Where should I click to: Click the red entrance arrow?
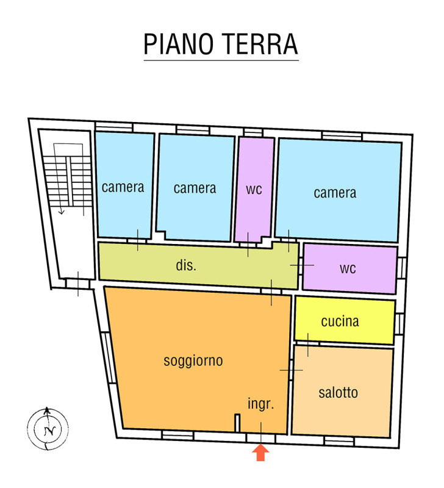pos(260,452)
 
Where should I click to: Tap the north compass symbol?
pos(48,429)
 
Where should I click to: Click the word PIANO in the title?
pos(178,44)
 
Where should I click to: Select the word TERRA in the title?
pos(260,44)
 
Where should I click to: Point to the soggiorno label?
pos(193,361)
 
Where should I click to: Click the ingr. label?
pos(261,404)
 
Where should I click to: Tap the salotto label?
pos(338,393)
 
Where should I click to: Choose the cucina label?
pos(340,321)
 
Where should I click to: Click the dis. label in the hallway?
pos(186,265)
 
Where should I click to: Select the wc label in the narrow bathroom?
pos(254,189)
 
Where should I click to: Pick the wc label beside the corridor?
pos(348,268)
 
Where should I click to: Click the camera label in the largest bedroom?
pos(335,193)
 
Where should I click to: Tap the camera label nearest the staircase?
pos(123,187)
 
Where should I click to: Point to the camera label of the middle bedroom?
pos(195,188)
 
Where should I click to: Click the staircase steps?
pos(68,181)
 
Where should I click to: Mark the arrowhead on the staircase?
pos(62,212)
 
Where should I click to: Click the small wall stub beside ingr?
pos(237,423)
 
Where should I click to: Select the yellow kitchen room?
pos(345,320)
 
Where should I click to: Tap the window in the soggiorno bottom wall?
pos(177,435)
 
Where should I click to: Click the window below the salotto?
pos(339,441)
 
